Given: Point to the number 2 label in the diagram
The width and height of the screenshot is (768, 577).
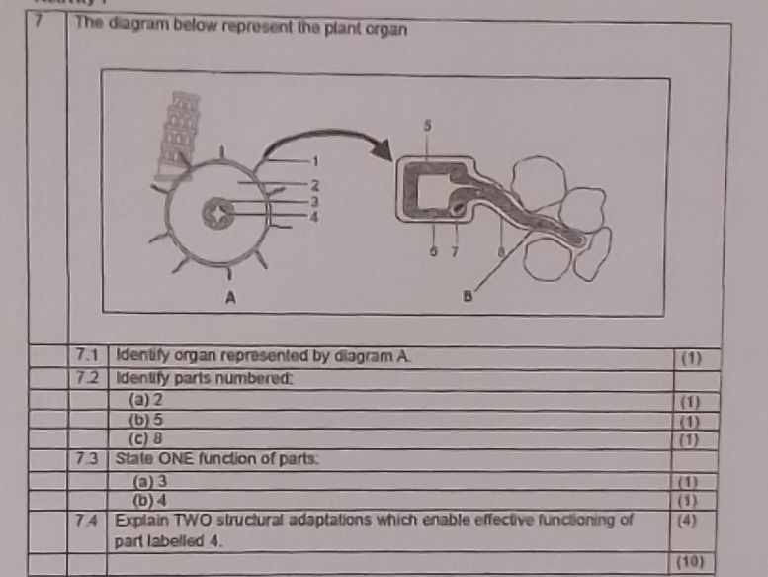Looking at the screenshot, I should pos(315,184).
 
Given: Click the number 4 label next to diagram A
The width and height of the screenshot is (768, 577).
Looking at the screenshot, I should pos(315,215).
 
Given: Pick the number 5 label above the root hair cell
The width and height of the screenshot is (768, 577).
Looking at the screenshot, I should pos(427,126).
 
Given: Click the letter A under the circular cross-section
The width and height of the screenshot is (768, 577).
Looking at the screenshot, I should pos(230,298).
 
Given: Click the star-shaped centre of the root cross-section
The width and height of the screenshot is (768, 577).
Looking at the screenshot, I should pos(215,211).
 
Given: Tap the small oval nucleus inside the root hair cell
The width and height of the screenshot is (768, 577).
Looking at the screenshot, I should pos(456,209).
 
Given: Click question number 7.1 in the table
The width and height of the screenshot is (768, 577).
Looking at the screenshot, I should pos(88,356).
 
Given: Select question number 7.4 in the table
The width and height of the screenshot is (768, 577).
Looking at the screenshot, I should pos(88,522).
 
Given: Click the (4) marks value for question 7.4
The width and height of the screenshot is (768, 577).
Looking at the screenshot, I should pos(688,520).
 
